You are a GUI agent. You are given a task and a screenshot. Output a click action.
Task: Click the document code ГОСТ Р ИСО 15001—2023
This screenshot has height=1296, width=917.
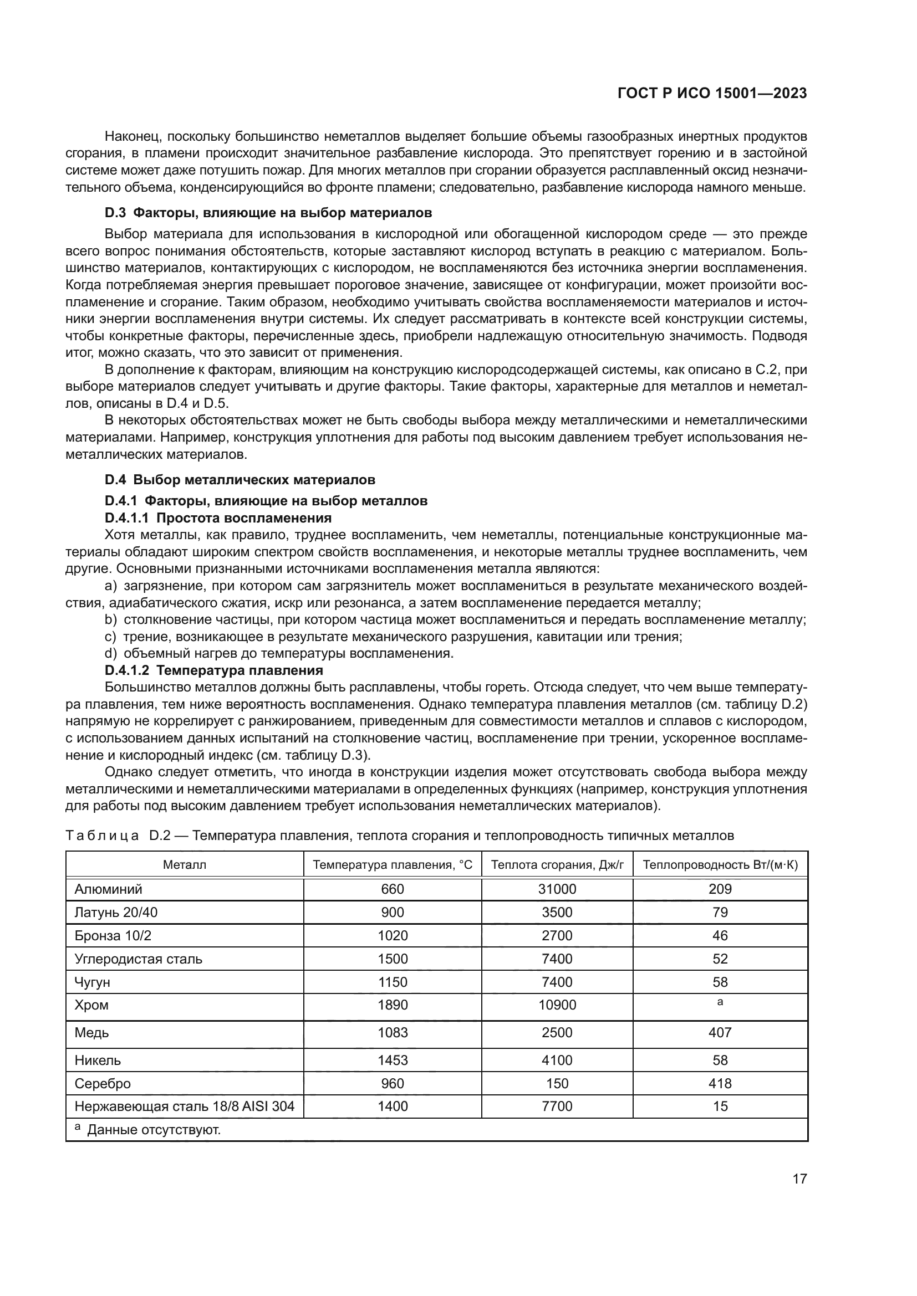[x=712, y=93]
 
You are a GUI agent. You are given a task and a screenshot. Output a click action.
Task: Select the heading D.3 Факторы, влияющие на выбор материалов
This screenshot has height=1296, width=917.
[x=268, y=213]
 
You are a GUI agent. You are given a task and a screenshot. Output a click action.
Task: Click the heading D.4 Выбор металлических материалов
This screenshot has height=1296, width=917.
[x=240, y=480]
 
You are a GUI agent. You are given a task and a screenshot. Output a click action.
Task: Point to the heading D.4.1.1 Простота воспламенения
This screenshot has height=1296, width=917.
[x=218, y=518]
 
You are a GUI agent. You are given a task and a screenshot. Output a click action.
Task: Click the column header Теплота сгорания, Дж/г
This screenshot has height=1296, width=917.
[x=557, y=865]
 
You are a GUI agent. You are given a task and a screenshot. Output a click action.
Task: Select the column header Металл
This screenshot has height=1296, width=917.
[x=185, y=865]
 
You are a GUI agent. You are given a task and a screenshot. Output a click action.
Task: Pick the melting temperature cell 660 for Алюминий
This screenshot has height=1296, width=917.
[x=393, y=889]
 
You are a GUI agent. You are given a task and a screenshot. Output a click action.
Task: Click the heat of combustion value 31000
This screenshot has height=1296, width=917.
[x=557, y=889]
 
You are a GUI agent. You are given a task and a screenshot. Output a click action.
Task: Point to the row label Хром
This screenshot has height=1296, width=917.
[x=91, y=1005]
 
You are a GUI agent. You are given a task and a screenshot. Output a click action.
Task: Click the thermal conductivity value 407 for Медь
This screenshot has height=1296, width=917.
[x=720, y=1032]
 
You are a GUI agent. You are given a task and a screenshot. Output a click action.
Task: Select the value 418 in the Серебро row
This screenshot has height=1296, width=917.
[x=720, y=1083]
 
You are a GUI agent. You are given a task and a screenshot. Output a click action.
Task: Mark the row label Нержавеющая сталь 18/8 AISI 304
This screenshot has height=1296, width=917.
[x=185, y=1106]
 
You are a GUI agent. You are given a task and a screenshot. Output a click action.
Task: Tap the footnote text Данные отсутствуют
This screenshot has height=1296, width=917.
[x=154, y=1129]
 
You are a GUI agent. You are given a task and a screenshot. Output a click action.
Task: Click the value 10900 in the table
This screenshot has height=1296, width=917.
[x=557, y=1005]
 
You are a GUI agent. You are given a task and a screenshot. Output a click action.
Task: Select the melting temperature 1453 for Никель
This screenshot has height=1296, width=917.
[x=393, y=1060]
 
